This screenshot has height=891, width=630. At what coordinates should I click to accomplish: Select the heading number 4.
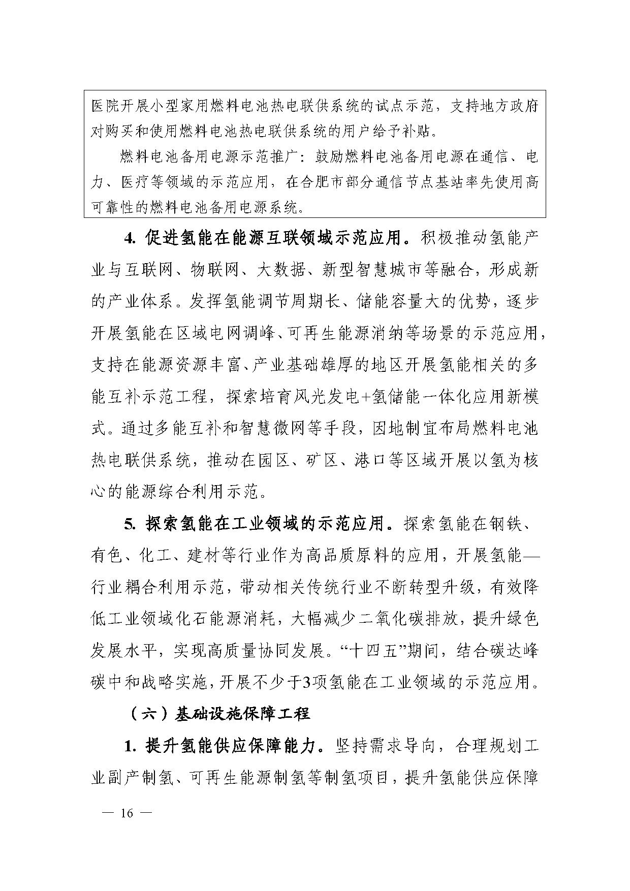coord(130,238)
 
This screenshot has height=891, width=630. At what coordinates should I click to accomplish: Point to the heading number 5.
coord(130,524)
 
